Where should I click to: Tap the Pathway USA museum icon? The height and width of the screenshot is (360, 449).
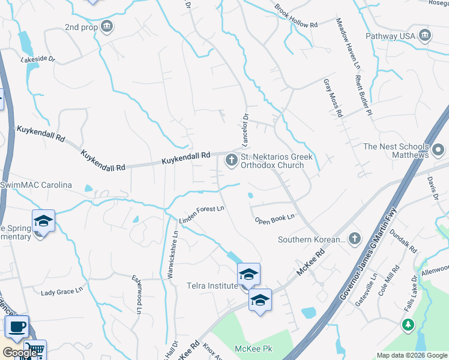(426, 35)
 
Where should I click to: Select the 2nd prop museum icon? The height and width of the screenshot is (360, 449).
(107, 26)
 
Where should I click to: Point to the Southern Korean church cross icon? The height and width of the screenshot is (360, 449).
(354, 239)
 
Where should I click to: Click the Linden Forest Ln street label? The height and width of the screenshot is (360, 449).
(202, 216)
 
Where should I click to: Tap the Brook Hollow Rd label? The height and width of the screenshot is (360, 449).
(296, 17)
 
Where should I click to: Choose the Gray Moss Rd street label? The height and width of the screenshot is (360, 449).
(332, 97)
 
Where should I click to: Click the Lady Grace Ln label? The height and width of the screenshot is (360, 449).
(61, 292)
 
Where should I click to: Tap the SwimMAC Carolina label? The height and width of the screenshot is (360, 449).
(36, 185)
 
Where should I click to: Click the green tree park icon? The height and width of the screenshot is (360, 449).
(408, 325)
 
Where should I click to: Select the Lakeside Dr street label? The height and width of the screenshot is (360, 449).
(38, 59)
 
